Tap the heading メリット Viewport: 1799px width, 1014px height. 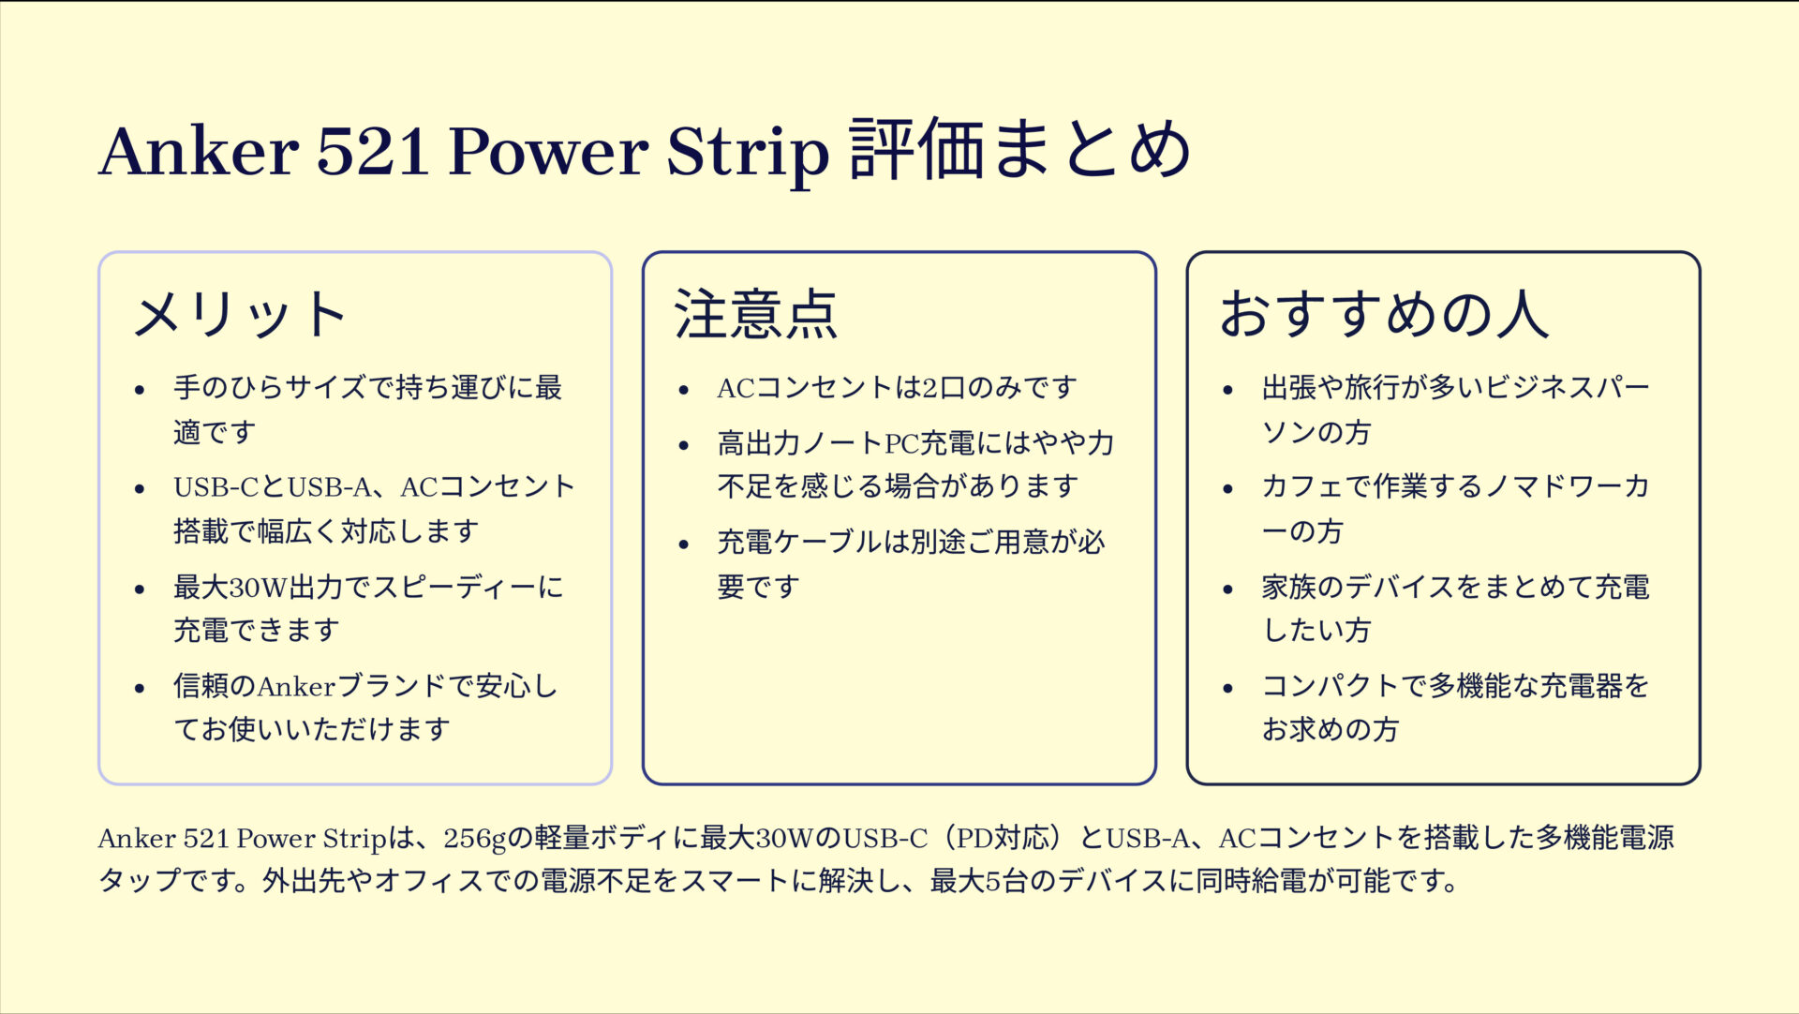[241, 314]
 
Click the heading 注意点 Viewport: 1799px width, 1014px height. [755, 314]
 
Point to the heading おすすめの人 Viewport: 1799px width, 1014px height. [1384, 314]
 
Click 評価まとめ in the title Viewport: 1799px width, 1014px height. [1019, 150]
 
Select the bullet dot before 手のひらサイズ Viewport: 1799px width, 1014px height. [140, 390]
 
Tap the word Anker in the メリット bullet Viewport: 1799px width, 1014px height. [296, 687]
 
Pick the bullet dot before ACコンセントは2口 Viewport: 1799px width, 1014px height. [684, 390]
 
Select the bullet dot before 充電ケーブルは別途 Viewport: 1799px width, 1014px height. [684, 544]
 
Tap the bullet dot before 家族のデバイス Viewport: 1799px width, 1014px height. [1228, 589]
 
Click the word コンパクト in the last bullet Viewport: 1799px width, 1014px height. [1331, 686]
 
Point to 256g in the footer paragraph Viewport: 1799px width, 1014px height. [474, 838]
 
